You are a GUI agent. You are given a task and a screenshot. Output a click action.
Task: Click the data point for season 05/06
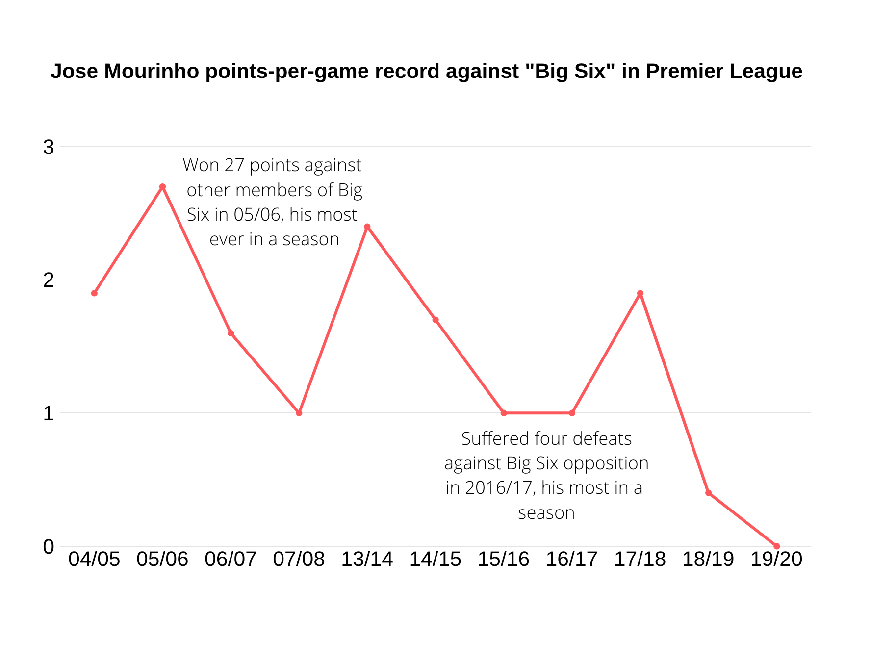pos(162,187)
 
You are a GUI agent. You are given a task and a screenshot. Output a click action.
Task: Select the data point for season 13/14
pos(367,227)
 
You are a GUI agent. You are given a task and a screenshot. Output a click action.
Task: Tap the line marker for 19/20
pos(776,546)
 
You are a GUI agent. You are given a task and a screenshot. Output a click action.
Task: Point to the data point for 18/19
pos(708,493)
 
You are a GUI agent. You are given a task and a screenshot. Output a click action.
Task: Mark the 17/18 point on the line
pos(640,293)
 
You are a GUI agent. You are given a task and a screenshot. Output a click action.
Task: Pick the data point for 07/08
pos(299,413)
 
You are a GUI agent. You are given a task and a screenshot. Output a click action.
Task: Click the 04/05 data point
pos(94,293)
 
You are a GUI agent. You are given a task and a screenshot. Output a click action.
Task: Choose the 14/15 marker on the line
pos(435,320)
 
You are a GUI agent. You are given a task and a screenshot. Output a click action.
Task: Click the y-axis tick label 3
pos(49,147)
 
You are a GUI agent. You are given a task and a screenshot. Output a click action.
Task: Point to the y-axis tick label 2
pos(49,280)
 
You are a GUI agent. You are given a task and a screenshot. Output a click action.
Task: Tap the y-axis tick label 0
pos(49,547)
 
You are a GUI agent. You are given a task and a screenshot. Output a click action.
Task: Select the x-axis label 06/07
pos(231,560)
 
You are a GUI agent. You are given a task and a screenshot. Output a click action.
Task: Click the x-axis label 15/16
pos(504,560)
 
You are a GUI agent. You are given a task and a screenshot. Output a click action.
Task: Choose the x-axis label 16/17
pos(572,560)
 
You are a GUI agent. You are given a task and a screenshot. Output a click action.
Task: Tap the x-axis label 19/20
pos(776,560)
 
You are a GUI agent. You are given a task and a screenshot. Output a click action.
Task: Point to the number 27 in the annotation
pos(235,166)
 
